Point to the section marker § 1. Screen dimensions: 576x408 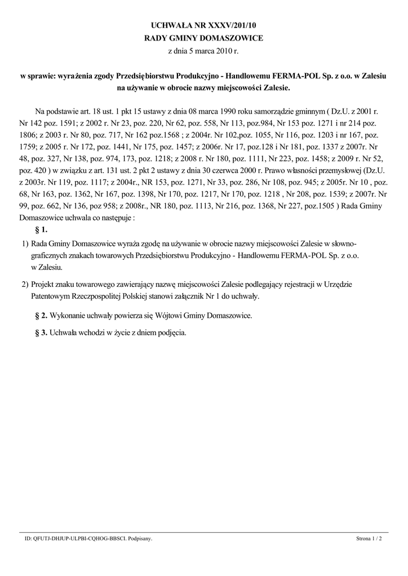[x=41, y=230]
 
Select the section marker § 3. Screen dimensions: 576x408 [x=41, y=332]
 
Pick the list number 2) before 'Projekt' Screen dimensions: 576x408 [x=25, y=284]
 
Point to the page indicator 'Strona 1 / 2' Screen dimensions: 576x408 [x=369, y=538]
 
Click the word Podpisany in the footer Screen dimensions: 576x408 [x=140, y=538]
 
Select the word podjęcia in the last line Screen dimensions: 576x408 [x=168, y=332]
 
